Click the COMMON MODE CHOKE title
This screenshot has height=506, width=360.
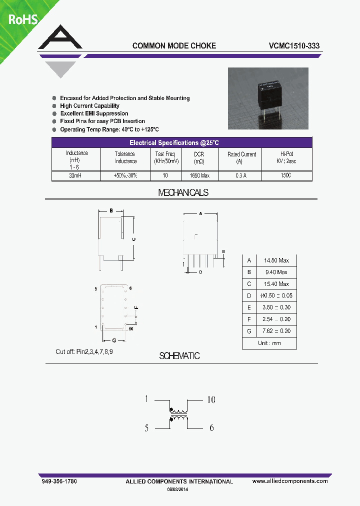tap(174, 45)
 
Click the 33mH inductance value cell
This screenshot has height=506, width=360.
tap(76, 176)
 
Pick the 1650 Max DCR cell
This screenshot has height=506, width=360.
tap(199, 176)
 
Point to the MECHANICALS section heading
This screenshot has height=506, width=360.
tap(183, 192)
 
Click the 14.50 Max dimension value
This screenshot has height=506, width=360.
tap(276, 260)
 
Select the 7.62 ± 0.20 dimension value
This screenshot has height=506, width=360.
tap(276, 331)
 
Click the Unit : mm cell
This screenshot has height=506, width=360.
tap(269, 343)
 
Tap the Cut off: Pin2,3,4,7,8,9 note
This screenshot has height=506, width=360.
tap(84, 352)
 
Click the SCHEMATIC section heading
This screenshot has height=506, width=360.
tap(179, 356)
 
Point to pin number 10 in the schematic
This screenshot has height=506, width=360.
tap(211, 399)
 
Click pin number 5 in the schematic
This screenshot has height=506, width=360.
tap(147, 428)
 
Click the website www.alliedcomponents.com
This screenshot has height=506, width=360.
tap(290, 481)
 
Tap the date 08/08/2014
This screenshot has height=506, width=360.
tap(178, 489)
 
